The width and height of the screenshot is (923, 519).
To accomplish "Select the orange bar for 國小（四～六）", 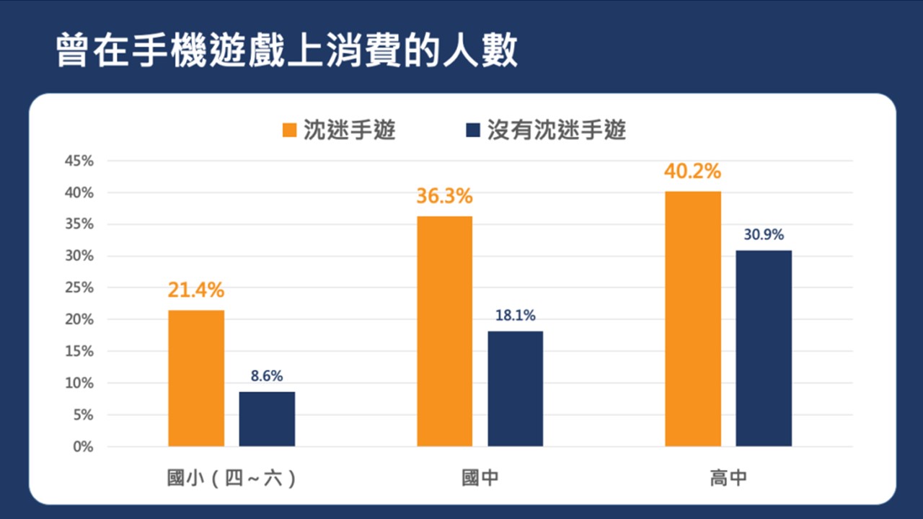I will (196, 378).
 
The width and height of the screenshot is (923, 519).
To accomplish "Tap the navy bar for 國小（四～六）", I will (267, 419).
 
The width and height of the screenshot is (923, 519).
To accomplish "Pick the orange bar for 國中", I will (444, 332).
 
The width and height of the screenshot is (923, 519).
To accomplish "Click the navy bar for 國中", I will (515, 389).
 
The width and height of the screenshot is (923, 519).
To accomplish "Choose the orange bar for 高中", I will (693, 319).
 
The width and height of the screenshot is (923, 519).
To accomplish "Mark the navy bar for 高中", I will (764, 348).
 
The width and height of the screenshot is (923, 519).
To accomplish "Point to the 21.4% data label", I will (196, 290).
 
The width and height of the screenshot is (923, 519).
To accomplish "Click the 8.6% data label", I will (267, 376).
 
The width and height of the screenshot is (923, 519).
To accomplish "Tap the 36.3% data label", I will (444, 196).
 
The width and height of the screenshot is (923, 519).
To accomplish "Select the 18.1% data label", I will (515, 315).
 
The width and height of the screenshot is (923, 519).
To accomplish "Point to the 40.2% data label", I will (693, 172).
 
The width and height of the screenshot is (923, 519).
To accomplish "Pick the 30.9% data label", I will (764, 234).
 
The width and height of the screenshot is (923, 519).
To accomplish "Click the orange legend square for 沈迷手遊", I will (290, 130).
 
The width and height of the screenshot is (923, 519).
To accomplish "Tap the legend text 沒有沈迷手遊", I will (556, 130).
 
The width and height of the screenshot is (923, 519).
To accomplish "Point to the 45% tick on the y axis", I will (79, 161).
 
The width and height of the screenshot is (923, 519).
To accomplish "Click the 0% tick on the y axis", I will (83, 447).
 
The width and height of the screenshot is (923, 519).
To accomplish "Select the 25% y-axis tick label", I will (79, 288).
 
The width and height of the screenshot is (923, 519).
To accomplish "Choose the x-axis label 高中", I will (728, 479).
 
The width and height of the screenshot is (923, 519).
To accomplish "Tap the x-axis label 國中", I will (480, 479).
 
